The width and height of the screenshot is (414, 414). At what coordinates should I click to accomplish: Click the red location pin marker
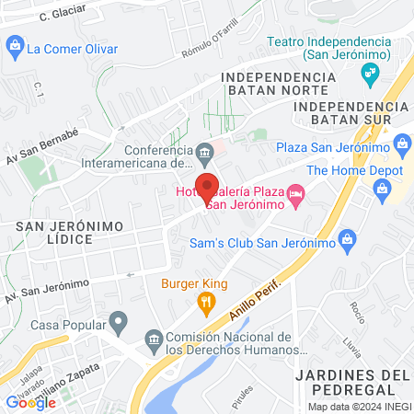[208, 188]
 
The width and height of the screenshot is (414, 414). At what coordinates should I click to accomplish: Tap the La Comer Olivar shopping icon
[15, 44]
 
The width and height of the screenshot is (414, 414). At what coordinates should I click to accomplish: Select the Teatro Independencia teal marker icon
[371, 73]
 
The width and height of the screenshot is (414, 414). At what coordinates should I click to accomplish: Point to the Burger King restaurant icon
[208, 301]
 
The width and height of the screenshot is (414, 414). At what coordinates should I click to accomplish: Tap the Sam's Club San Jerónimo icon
[347, 243]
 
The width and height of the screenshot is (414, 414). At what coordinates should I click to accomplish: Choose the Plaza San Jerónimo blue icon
[401, 144]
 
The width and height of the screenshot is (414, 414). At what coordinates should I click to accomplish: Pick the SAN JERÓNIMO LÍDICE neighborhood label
[53, 231]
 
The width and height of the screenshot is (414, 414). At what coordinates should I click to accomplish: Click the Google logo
[30, 402]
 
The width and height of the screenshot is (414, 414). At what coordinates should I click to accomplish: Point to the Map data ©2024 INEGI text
[358, 407]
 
